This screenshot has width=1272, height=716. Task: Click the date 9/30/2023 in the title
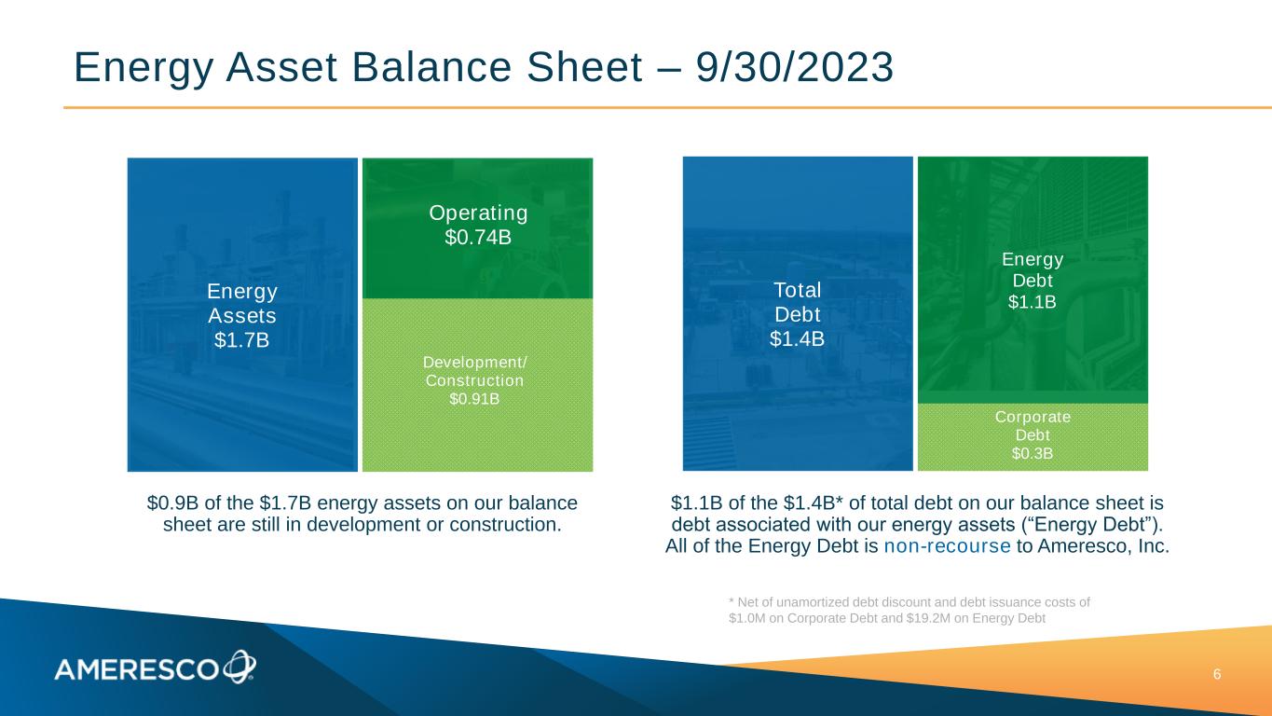point(795,67)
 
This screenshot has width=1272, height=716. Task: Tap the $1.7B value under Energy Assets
point(241,339)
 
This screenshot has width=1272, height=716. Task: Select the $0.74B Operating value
point(478,237)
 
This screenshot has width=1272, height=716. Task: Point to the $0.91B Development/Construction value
point(474,399)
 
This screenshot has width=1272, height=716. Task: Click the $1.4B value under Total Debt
point(797,338)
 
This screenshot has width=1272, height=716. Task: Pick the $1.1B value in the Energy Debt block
point(1033,302)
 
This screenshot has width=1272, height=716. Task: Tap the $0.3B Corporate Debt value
point(1033,453)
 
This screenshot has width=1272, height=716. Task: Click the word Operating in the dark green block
point(478,213)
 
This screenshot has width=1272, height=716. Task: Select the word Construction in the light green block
point(474,380)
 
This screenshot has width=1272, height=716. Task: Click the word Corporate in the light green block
point(1033,417)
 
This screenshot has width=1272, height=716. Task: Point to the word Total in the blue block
point(798,290)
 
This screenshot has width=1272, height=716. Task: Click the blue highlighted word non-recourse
point(947,546)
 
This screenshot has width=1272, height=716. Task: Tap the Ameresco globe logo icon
point(239,667)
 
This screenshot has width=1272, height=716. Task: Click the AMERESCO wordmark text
point(136,670)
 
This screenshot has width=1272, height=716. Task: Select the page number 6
point(1217,675)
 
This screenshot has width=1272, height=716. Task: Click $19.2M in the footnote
point(928,618)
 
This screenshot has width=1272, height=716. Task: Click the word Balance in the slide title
point(431,67)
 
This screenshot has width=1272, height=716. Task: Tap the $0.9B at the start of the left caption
point(172,503)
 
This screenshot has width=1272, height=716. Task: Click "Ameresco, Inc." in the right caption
point(1103,546)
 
